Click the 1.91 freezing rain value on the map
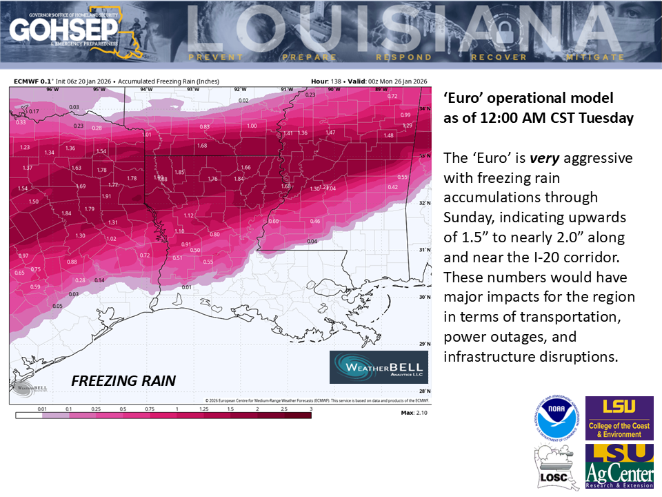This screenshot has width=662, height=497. (x=106, y=196)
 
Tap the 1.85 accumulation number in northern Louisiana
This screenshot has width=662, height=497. (x=179, y=172)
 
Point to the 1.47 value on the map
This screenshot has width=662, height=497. (x=331, y=133)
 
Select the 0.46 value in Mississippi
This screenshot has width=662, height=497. (x=315, y=221)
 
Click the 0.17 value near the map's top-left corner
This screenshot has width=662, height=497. (x=34, y=111)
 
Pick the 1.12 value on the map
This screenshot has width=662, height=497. (x=188, y=215)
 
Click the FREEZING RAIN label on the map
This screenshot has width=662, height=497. (x=124, y=380)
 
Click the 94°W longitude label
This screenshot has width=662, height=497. (x=146, y=90)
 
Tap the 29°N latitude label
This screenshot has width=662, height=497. (x=425, y=343)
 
